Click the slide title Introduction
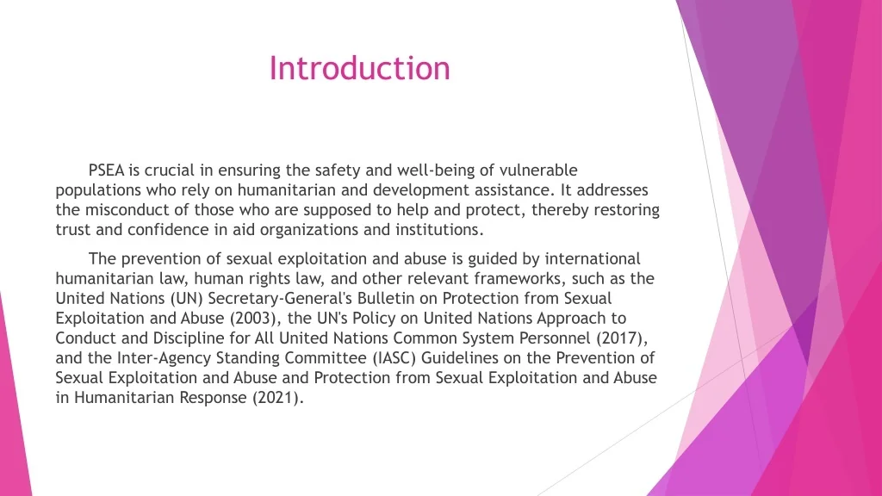click(x=359, y=69)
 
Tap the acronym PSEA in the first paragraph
click(x=106, y=170)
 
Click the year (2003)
click(x=255, y=319)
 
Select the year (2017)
click(x=622, y=338)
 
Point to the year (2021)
click(x=278, y=398)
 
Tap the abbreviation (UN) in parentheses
click(x=186, y=299)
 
